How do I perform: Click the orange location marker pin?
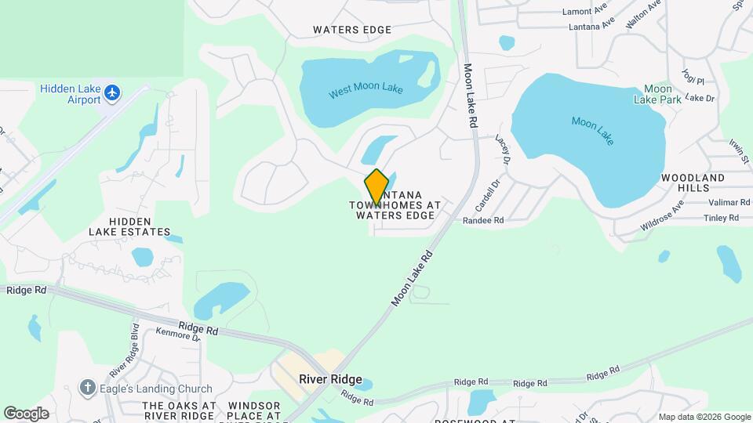(x=376, y=186)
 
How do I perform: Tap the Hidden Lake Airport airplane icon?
(x=113, y=93)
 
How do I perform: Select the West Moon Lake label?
(x=366, y=90)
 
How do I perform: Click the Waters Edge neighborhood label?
(x=352, y=30)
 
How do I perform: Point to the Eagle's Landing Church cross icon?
(x=88, y=388)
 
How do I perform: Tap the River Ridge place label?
(x=330, y=380)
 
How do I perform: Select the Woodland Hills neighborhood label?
(x=693, y=183)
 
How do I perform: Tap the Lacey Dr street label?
(x=503, y=148)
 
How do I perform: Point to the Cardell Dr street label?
(x=487, y=197)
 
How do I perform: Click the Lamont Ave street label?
(x=585, y=12)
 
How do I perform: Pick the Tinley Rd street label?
(x=722, y=218)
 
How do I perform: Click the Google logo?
(x=26, y=414)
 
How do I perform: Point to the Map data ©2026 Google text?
(x=704, y=417)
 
